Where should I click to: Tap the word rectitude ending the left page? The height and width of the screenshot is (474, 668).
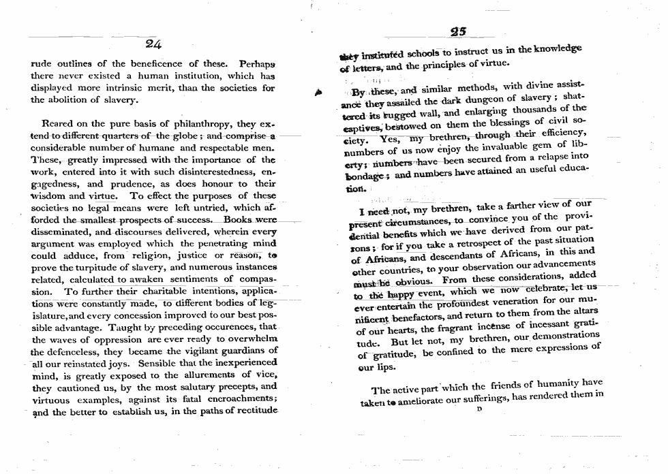(252, 412)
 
